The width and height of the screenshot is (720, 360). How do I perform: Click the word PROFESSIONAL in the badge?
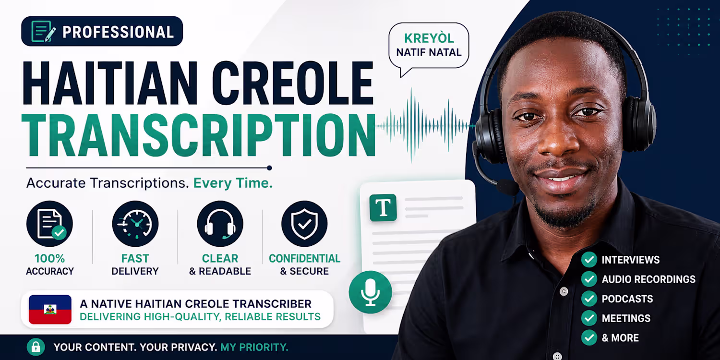point(118,32)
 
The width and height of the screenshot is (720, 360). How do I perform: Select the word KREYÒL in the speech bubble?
point(429,38)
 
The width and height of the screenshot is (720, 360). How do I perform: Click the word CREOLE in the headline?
point(292,83)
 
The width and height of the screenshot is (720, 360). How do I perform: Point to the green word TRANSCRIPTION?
point(199,136)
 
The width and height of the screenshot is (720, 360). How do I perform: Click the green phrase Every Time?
point(233,183)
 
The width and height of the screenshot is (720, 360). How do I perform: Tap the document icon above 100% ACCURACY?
point(49,224)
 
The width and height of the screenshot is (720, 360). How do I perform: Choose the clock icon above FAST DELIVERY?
point(135,224)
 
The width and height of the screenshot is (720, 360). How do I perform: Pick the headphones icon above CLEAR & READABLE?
point(220,224)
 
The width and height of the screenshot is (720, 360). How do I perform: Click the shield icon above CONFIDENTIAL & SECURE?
point(304,224)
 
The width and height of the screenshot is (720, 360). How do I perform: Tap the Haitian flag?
point(50,310)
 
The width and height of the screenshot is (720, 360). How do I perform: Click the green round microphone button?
point(370,292)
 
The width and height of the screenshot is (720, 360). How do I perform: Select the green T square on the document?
point(383,208)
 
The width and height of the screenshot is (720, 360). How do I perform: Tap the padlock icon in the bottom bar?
point(36,347)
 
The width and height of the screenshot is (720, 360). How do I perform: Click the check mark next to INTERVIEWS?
point(589,260)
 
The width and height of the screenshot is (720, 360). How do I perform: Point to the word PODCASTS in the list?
point(627,299)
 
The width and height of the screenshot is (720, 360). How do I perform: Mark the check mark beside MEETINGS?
point(589,318)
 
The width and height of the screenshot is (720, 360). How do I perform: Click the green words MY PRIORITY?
point(254,347)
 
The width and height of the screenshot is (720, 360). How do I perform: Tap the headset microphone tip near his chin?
point(507,187)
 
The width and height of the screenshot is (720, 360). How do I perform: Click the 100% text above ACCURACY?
point(50,258)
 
